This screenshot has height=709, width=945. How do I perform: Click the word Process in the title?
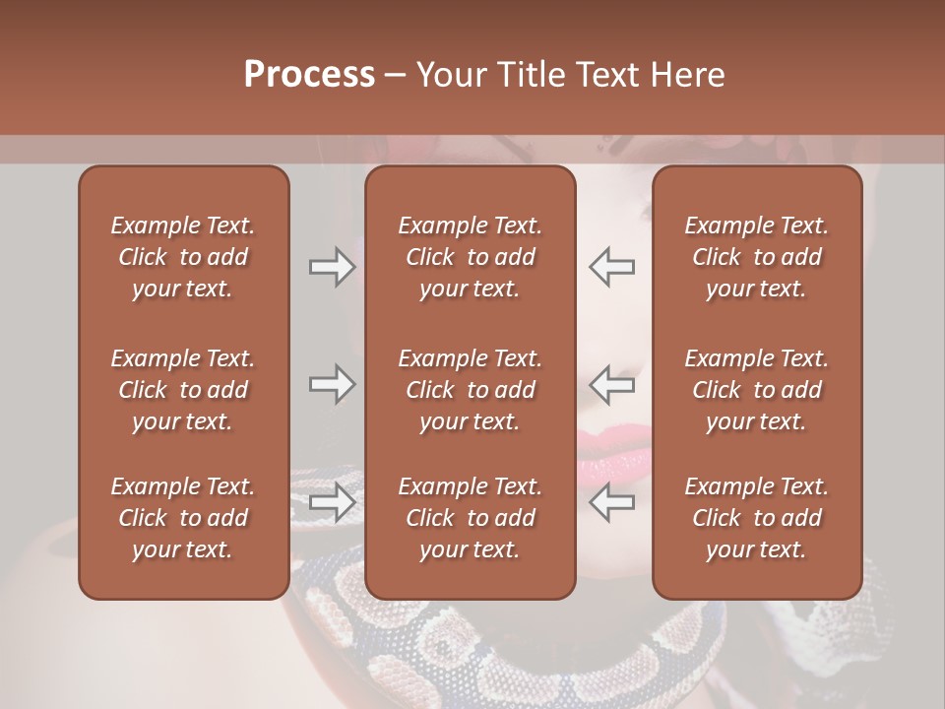pos(309,75)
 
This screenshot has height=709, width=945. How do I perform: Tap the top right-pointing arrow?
pos(333,267)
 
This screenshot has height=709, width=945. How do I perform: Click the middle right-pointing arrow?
pos(333,384)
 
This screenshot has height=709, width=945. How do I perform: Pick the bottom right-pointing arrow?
pos(333,502)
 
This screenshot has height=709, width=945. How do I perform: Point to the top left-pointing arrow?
pos(612,267)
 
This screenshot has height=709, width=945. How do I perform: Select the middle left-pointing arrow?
pos(612,384)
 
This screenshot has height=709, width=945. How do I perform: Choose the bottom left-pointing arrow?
pos(612,502)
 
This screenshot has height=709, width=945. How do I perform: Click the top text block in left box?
pos(183,257)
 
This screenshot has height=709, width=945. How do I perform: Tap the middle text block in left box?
pos(183,390)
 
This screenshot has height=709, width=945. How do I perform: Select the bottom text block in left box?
pos(183,518)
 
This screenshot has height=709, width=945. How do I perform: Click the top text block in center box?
pos(471,257)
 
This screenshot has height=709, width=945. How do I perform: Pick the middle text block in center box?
pos(471,390)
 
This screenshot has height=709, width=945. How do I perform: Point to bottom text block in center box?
pos(471,518)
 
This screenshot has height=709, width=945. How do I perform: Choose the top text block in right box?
pos(757,257)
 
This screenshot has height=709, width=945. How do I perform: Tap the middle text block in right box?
pos(757,390)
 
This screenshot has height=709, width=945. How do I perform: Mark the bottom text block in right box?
pos(757,518)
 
